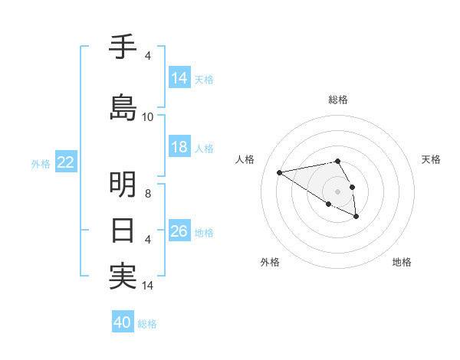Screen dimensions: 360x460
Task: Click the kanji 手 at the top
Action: [x=123, y=47]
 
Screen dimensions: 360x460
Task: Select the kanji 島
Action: [x=123, y=106]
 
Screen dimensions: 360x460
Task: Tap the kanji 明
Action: [x=123, y=185]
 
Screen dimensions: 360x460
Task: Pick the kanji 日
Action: [x=123, y=230]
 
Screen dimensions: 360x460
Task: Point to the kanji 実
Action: [x=123, y=276]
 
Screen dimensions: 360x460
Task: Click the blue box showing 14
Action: [x=179, y=78]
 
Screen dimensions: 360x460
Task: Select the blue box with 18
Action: [x=179, y=147]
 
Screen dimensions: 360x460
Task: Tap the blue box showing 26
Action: [x=179, y=231]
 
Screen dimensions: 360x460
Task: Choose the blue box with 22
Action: [x=66, y=162]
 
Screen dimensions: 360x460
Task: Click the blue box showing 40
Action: [x=123, y=322]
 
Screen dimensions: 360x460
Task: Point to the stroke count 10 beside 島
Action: [x=148, y=117]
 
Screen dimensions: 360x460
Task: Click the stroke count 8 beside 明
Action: [x=149, y=194]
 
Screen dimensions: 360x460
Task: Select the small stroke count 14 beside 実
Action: [x=148, y=286]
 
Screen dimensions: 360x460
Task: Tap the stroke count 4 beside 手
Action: [x=148, y=56]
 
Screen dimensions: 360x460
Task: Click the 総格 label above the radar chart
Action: [x=338, y=100]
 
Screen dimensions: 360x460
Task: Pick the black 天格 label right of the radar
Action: [x=432, y=159]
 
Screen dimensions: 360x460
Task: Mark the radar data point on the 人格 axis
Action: [x=279, y=172]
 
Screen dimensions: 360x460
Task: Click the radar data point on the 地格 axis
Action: [x=356, y=217]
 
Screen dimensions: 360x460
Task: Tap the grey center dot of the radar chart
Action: [x=337, y=191]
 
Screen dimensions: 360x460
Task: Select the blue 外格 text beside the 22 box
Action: [x=41, y=163]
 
